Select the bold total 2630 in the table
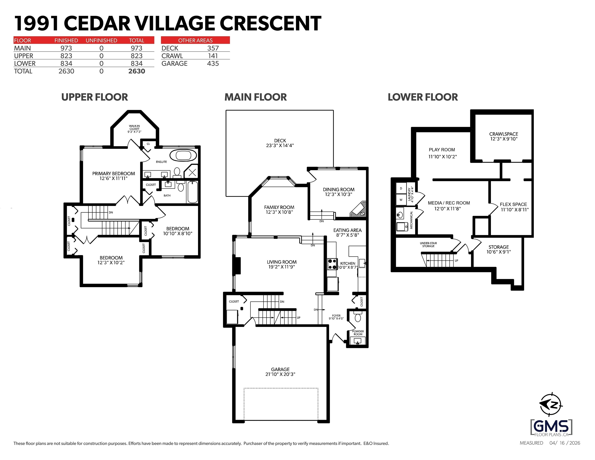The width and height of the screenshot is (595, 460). click(136, 71)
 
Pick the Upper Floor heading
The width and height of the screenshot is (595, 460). click(95, 97)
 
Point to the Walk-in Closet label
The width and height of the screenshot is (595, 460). click(134, 129)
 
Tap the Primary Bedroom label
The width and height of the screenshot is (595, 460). click(114, 173)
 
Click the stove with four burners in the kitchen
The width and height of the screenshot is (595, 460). click(332, 264)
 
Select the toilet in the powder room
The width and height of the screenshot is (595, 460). click(358, 317)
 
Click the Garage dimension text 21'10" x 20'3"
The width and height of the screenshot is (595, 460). click(280, 374)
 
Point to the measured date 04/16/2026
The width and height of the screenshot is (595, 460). click(565, 443)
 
